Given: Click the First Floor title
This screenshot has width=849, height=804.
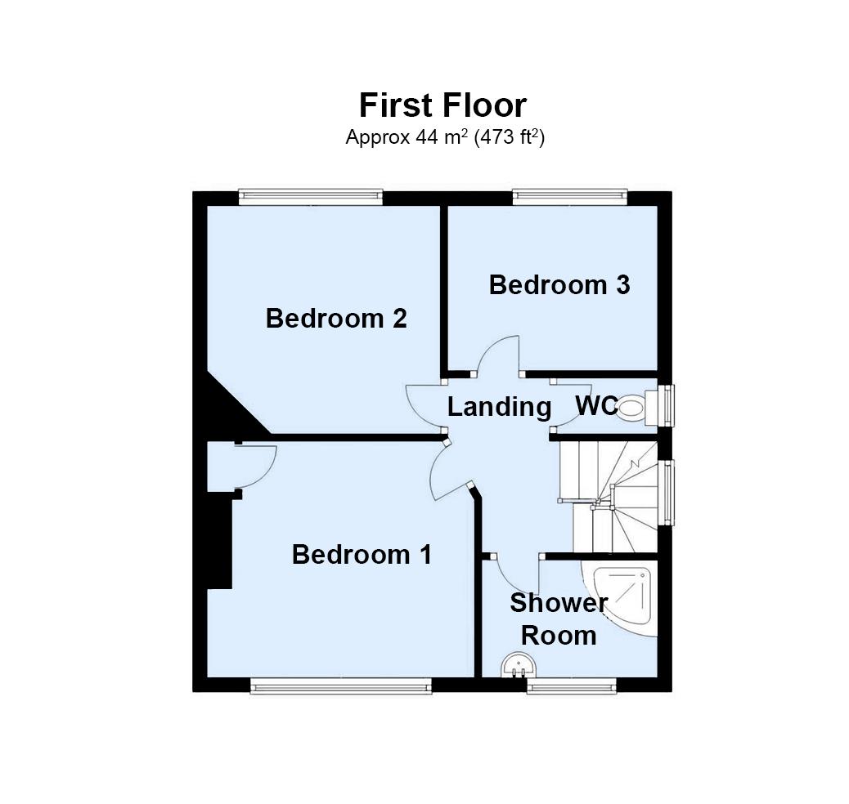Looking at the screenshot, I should [442, 106].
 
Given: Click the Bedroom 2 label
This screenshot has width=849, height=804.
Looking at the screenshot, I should [336, 318].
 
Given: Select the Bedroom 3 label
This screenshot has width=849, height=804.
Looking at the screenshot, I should [559, 285].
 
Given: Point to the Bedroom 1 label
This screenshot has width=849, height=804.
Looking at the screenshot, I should [362, 555].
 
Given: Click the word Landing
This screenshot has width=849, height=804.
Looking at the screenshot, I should [499, 406].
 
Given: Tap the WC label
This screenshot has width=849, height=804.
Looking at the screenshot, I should [596, 405].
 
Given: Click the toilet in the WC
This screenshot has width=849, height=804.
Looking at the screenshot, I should [634, 407].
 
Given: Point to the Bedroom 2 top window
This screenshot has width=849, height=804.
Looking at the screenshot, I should [311, 196].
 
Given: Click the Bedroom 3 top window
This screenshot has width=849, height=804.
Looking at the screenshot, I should [571, 196].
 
